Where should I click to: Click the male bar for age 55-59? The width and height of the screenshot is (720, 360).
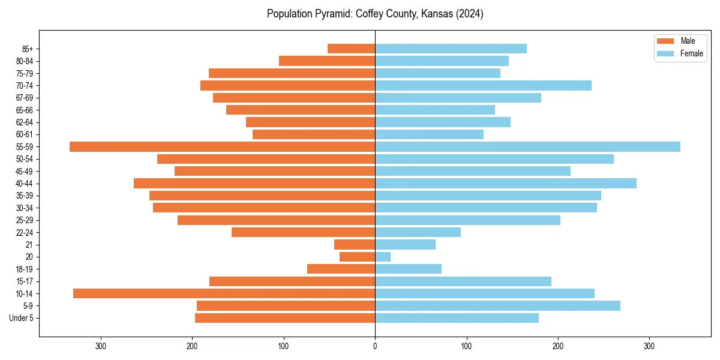click(222, 146)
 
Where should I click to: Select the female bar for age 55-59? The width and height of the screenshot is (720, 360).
click(527, 146)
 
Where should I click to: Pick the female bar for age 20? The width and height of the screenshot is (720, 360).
click(383, 257)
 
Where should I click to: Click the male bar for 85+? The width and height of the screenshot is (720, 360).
click(351, 49)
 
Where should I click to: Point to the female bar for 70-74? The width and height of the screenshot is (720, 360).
click(483, 85)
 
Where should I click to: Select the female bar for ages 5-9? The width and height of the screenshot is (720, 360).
click(497, 305)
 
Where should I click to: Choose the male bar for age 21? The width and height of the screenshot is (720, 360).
click(355, 244)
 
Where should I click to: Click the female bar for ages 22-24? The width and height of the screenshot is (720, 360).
click(418, 232)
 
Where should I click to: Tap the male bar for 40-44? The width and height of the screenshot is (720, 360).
click(254, 183)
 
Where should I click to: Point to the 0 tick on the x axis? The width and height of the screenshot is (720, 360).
click(375, 346)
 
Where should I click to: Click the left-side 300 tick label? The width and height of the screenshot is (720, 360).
click(101, 346)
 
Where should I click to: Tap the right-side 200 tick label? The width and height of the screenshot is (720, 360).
click(558, 346)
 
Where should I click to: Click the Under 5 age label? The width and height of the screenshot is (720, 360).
click(21, 318)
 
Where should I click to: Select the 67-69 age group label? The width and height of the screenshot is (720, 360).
click(24, 98)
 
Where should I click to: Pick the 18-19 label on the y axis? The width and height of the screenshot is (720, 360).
click(24, 269)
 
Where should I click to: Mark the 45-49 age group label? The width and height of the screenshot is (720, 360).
click(24, 171)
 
